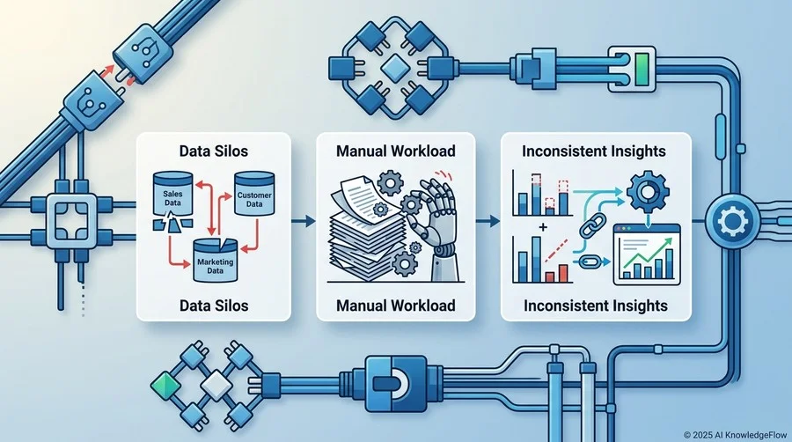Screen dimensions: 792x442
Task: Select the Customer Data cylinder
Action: click(x=254, y=194)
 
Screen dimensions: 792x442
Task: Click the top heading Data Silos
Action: click(x=214, y=151)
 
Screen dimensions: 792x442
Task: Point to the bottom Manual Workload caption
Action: click(x=395, y=306)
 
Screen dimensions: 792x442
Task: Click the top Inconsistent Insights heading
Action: click(x=593, y=151)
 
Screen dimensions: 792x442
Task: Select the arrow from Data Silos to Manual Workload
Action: click(x=303, y=221)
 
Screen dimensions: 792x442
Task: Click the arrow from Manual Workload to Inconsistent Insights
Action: click(x=488, y=221)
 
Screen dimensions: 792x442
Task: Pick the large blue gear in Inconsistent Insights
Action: click(x=648, y=193)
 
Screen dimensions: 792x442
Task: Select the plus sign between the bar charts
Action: click(x=543, y=227)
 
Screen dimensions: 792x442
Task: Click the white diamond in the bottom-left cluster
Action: click(x=216, y=386)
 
